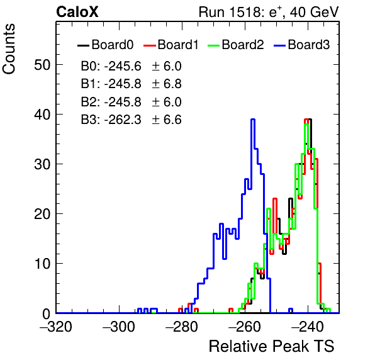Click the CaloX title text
click(77, 12)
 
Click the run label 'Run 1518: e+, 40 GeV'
click(269, 12)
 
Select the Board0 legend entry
click(106, 45)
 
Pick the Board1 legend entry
click(171, 45)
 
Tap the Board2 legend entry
click(235, 45)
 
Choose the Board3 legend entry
click(302, 45)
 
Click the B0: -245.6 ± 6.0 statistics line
click(132, 66)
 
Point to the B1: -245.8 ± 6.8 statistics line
click(132, 84)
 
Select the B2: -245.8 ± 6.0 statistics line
click(132, 102)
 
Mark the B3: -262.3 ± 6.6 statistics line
click(132, 120)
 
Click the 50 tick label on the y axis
click(42, 65)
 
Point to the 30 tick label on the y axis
click(42, 164)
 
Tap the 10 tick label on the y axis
click(42, 264)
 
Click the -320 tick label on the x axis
click(56, 326)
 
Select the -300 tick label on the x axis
click(119, 326)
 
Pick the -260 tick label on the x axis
click(245, 326)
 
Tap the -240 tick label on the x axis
click(308, 326)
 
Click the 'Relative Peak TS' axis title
click(272, 346)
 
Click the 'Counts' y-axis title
click(9, 49)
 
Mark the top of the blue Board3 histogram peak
click(253, 119)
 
